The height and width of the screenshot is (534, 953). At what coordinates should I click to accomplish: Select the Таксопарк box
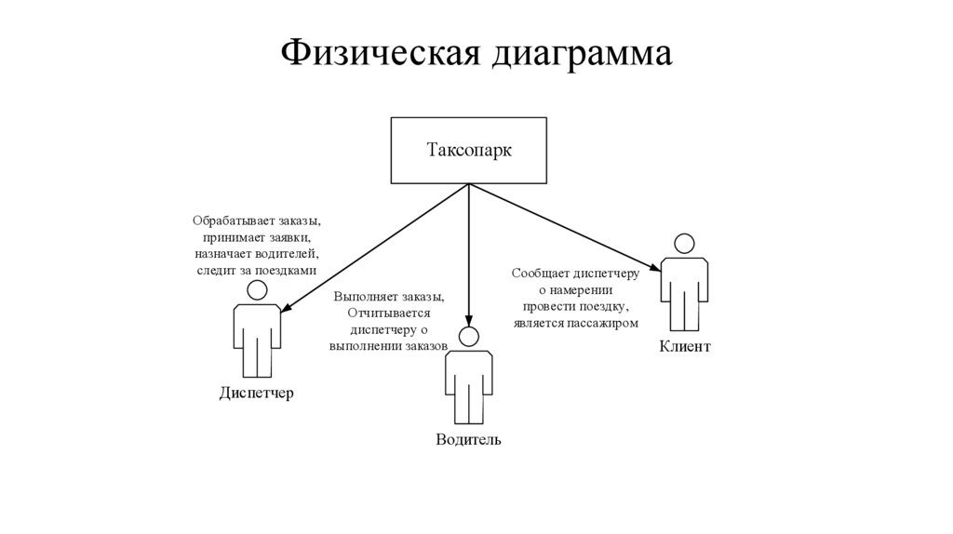468,150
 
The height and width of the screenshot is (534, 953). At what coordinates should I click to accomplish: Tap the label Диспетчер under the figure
256,393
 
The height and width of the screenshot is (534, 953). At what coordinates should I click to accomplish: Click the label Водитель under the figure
468,439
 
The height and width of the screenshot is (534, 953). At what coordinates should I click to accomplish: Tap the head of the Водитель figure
468,337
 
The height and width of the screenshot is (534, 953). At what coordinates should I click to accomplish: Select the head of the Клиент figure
684,244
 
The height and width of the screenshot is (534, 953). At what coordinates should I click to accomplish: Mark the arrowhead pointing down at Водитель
468,320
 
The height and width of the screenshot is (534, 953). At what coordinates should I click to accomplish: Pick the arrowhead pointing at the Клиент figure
656,268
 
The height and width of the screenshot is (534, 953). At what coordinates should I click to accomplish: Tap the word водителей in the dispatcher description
287,253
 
